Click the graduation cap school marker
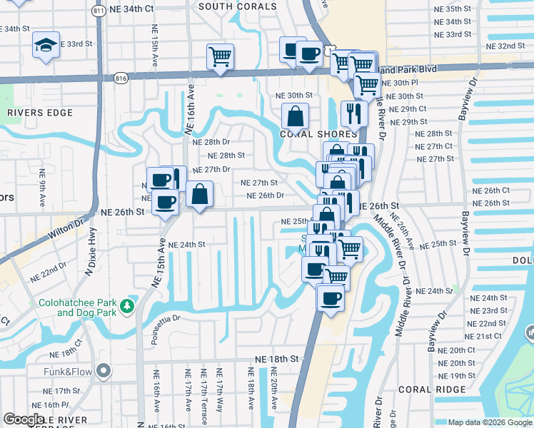point(45,46)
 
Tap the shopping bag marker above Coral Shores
point(295,116)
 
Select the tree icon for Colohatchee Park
point(128,305)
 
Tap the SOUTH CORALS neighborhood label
point(237,6)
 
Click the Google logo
point(24,419)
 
